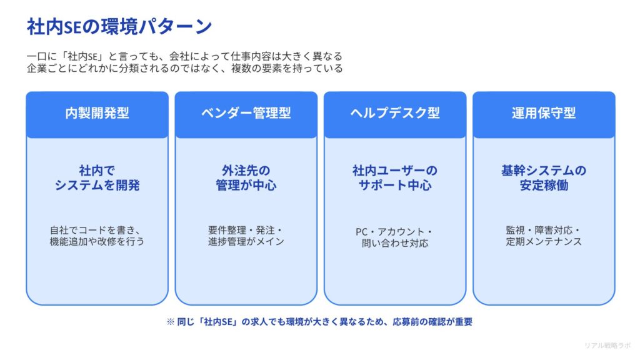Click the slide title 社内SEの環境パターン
[119, 26]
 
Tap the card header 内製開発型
[97, 113]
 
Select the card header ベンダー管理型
[246, 113]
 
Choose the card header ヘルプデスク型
[394, 113]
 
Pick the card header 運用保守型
[543, 113]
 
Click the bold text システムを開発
[97, 186]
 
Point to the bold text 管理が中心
[246, 186]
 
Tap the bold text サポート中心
[394, 186]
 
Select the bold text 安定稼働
[543, 186]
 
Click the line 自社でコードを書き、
[97, 229]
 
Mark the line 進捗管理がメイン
[246, 241]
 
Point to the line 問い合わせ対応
[394, 243]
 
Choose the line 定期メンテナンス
[543, 241]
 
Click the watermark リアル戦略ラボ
[607, 345]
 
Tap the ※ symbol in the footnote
[170, 322]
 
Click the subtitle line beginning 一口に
[185, 56]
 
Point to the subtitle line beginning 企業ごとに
[185, 69]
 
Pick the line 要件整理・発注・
[246, 229]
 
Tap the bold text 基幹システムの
[543, 171]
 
